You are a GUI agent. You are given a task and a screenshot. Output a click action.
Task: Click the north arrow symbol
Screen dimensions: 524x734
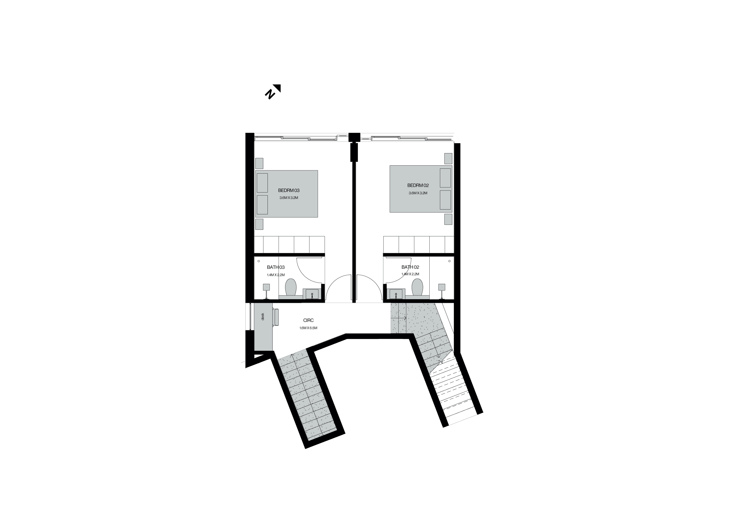pos(273,92)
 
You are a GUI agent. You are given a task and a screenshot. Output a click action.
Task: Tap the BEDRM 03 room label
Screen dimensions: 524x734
pos(288,190)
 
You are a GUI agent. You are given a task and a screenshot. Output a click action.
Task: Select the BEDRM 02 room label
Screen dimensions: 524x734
pos(418,185)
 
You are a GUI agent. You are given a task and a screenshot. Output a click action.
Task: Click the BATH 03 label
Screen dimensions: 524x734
pos(276,267)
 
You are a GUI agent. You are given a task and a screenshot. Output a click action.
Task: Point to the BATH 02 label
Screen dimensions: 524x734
pos(410,267)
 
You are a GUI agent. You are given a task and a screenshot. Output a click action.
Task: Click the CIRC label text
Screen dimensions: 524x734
pos(308,320)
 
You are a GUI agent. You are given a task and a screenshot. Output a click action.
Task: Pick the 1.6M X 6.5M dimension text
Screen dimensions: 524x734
pos(308,328)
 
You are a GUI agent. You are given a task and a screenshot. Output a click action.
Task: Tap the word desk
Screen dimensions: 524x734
pos(262,316)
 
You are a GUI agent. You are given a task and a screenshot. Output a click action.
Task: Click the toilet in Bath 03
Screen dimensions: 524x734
pos(291,287)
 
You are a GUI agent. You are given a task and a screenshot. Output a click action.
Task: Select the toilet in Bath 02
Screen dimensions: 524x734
pos(417,287)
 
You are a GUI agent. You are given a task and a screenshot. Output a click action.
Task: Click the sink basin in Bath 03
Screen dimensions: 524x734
pos(312,294)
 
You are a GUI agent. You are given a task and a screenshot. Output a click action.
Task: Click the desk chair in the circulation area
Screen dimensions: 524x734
pos(276,317)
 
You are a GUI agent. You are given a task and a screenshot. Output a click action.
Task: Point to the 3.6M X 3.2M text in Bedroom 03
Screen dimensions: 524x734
pos(288,198)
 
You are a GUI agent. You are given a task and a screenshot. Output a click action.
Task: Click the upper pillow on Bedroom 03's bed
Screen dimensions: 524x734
pos(262,183)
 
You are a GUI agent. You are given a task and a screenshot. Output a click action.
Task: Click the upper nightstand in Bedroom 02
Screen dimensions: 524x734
pos(448,159)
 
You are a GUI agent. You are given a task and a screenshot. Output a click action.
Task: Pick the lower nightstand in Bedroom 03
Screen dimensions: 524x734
pos(259,224)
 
